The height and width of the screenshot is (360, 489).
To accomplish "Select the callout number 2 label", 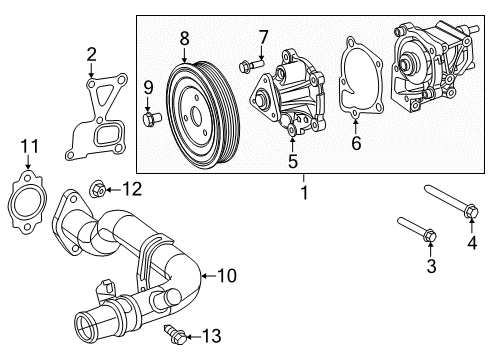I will point(91,55).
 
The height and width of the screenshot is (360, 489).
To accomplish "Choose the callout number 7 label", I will point(263,38).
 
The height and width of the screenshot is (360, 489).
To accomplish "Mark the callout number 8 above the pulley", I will point(184,38).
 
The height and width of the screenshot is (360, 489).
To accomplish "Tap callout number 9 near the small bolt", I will point(148,87).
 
